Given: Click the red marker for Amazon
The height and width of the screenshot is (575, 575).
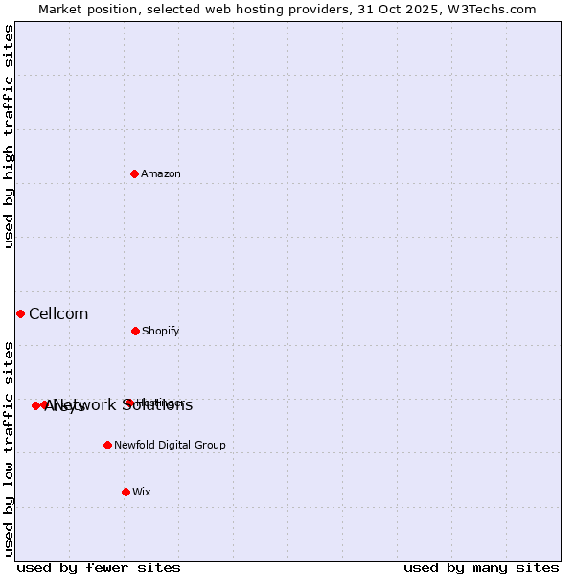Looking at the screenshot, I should [x=135, y=173].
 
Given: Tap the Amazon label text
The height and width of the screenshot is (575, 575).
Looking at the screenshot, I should [x=161, y=173].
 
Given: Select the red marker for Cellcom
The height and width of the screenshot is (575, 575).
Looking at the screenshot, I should [x=20, y=313].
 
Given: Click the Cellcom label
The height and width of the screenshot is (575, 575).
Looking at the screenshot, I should [x=58, y=313].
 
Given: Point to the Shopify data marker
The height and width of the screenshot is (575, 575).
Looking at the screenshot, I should [x=135, y=331].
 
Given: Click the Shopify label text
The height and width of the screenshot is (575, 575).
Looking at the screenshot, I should [x=161, y=331].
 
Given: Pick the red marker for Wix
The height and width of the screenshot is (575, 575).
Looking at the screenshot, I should [x=126, y=492].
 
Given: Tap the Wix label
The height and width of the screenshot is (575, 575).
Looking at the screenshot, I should [x=142, y=492].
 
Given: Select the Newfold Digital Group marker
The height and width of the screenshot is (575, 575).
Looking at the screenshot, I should [x=107, y=445].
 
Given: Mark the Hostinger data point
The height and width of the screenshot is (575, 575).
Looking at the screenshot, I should [x=128, y=402].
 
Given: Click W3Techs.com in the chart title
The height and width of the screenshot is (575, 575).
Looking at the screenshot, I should [x=489, y=9].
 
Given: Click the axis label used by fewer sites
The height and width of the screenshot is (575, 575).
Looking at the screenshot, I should [x=99, y=567].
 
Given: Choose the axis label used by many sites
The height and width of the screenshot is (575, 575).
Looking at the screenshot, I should [x=481, y=567].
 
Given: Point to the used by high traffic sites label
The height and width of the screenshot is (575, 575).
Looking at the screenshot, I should [x=9, y=137].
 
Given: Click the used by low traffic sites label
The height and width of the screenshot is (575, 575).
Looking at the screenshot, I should [x=9, y=448].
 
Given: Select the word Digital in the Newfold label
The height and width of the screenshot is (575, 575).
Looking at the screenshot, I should [x=175, y=445].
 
